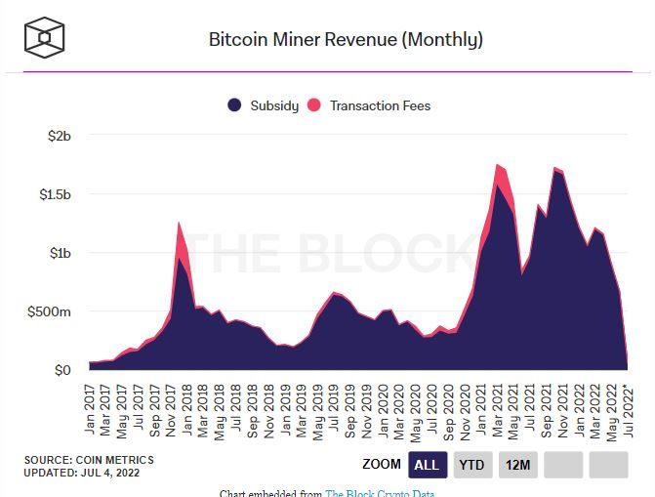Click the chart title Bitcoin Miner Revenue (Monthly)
point(346,40)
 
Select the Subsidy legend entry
point(264,105)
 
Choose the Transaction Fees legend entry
point(370,105)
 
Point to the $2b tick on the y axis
point(60,136)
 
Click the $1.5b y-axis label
point(54,194)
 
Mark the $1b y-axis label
point(60,253)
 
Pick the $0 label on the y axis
point(61,370)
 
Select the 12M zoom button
point(518,465)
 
